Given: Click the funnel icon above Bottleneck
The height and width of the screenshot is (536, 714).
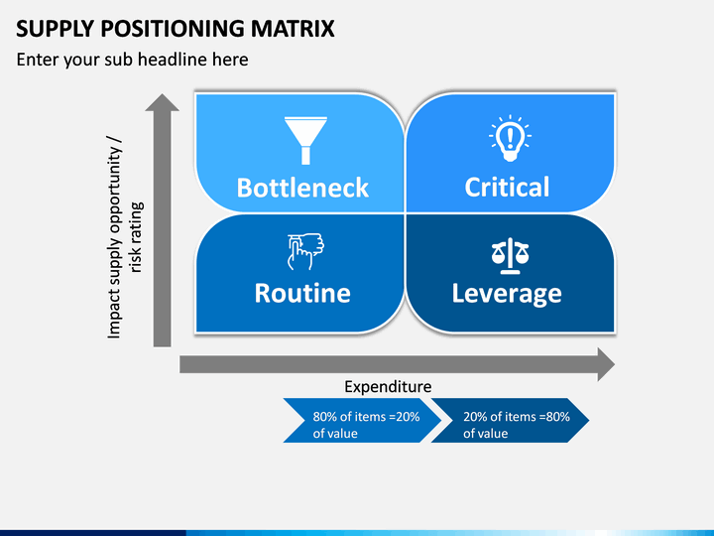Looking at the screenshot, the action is point(305,140).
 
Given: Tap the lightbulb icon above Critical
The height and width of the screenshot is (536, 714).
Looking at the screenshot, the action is point(510,138).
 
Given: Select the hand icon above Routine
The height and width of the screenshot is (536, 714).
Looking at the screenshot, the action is point(305,251).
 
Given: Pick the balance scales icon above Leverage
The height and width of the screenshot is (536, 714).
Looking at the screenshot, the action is point(510,256).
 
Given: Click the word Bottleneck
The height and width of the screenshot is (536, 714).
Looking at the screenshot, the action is point(302,188).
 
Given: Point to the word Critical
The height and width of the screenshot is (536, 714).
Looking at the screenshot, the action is point(507,187).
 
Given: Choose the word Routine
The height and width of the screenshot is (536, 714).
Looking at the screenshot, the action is point(302,293).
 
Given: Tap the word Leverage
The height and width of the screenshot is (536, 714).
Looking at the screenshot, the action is point(507,294).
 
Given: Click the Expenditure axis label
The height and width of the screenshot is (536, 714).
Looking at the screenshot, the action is point(388,386).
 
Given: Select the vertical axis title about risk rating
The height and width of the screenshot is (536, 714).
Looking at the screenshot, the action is point(124,237).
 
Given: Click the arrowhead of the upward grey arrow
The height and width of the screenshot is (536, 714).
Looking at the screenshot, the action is point(162,102).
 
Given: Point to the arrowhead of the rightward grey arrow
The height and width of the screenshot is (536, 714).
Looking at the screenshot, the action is point(606,364).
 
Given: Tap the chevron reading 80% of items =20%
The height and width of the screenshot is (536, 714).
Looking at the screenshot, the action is point(362,420).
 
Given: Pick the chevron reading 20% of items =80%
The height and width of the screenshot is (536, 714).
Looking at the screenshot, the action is point(510,420).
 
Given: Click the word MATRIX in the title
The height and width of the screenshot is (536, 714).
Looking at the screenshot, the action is point(293,28).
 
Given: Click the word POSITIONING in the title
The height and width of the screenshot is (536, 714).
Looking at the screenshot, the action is point(172,28).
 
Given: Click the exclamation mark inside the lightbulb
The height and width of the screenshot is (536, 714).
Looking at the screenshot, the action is point(510,135).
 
